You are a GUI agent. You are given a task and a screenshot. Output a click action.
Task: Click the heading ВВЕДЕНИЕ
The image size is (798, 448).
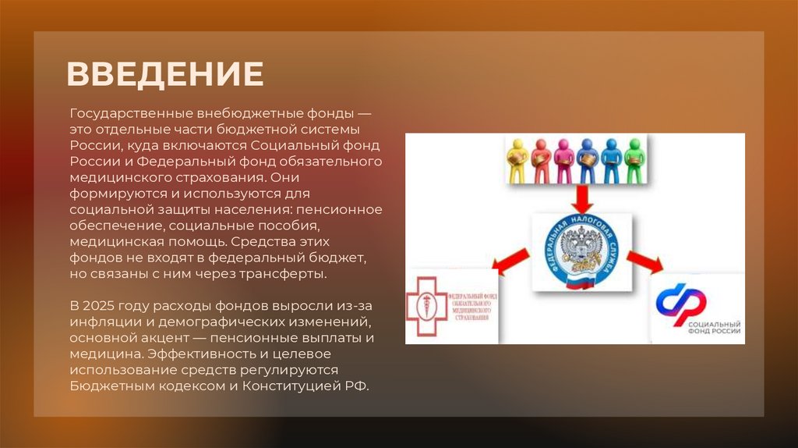point(165,73)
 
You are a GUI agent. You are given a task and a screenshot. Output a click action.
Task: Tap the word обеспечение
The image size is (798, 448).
point(105,226)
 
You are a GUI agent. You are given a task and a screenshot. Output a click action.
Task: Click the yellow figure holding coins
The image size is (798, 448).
point(517,160)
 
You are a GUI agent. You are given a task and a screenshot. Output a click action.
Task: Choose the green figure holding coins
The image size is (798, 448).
point(635,160)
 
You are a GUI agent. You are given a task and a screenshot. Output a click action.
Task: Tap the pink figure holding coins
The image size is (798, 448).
point(564,160)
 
